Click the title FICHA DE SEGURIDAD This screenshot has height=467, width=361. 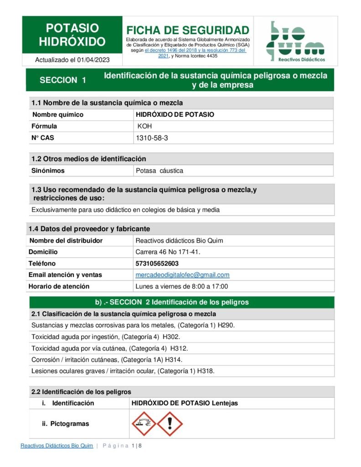pyautogui.click(x=188, y=30)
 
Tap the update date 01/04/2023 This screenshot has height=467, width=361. pyautogui.click(x=93, y=60)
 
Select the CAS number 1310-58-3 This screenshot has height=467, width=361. pyautogui.click(x=152, y=138)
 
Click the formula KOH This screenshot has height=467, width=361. pyautogui.click(x=145, y=126)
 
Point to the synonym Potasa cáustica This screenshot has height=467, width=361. pyautogui.click(x=160, y=171)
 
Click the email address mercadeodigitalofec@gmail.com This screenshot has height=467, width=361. pyautogui.click(x=182, y=275)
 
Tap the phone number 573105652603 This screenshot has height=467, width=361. pyautogui.click(x=157, y=263)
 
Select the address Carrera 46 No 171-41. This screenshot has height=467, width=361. pyautogui.click(x=168, y=252)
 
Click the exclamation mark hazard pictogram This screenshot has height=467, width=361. pyautogui.click(x=170, y=424)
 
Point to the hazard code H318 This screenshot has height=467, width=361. pyautogui.click(x=206, y=371)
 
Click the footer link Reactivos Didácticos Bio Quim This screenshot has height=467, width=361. pyautogui.click(x=57, y=446)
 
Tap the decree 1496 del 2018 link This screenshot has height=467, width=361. pyautogui.click(x=172, y=51)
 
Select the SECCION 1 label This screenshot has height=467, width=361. pyautogui.click(x=63, y=80)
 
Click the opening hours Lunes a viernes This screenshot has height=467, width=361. pyautogui.click(x=181, y=286)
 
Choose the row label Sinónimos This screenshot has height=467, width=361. pyautogui.click(x=48, y=171)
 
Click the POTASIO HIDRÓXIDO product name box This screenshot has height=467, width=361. pyautogui.click(x=72, y=35)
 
